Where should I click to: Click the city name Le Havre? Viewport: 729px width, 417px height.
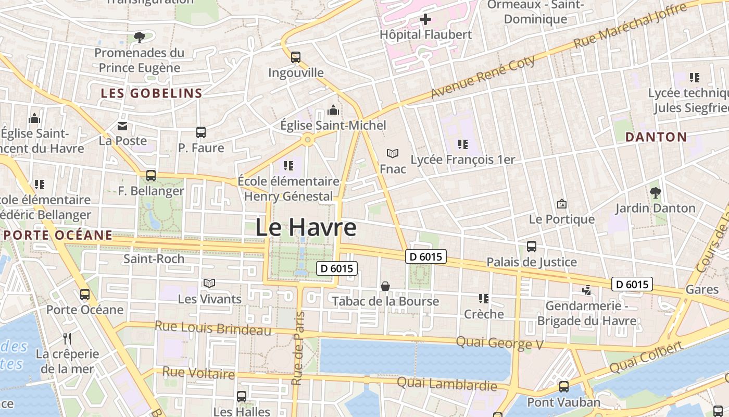pos(306,228)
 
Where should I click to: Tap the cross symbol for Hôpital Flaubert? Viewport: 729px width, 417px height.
pos(425,20)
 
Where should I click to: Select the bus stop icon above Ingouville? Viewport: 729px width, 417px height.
pos(296,57)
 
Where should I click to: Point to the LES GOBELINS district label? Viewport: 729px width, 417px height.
pos(152,93)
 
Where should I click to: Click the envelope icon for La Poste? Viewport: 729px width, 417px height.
pos(122,126)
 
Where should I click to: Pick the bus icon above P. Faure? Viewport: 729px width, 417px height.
pos(201,132)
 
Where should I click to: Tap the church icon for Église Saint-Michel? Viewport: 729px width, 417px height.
pos(333,110)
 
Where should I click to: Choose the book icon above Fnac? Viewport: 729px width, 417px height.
pos(393,153)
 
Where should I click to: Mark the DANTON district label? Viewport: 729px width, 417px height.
pos(656,137)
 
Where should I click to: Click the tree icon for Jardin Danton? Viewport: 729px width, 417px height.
pos(656,193)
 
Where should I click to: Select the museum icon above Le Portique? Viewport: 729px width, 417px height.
pos(561,204)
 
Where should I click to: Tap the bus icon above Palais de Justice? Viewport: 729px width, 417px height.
pos(532,247)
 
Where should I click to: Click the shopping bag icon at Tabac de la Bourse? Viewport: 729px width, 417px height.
pos(385,286)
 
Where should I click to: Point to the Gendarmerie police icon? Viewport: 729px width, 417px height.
pos(586,289)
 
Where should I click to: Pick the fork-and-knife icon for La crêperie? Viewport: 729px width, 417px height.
pos(67,339)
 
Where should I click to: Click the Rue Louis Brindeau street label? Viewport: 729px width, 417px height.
pos(213,328)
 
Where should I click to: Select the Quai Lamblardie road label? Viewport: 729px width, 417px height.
pos(447,384)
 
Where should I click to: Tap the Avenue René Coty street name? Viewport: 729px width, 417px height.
pos(483,77)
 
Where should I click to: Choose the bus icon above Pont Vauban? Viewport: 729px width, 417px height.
pos(564,387)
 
